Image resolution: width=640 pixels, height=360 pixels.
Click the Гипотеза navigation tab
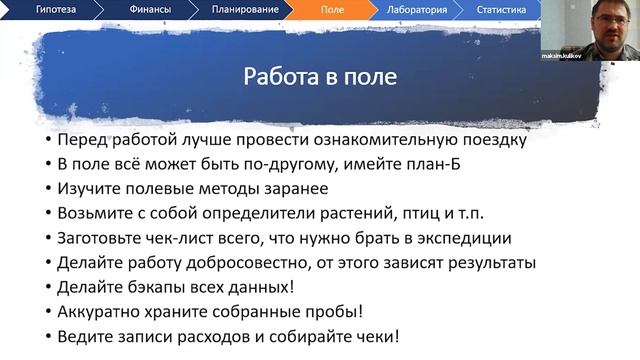pyautogui.click(x=61, y=11)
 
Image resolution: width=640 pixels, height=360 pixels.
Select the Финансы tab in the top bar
pyautogui.click(x=150, y=11)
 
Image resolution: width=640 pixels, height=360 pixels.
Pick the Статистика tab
pyautogui.click(x=501, y=11)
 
